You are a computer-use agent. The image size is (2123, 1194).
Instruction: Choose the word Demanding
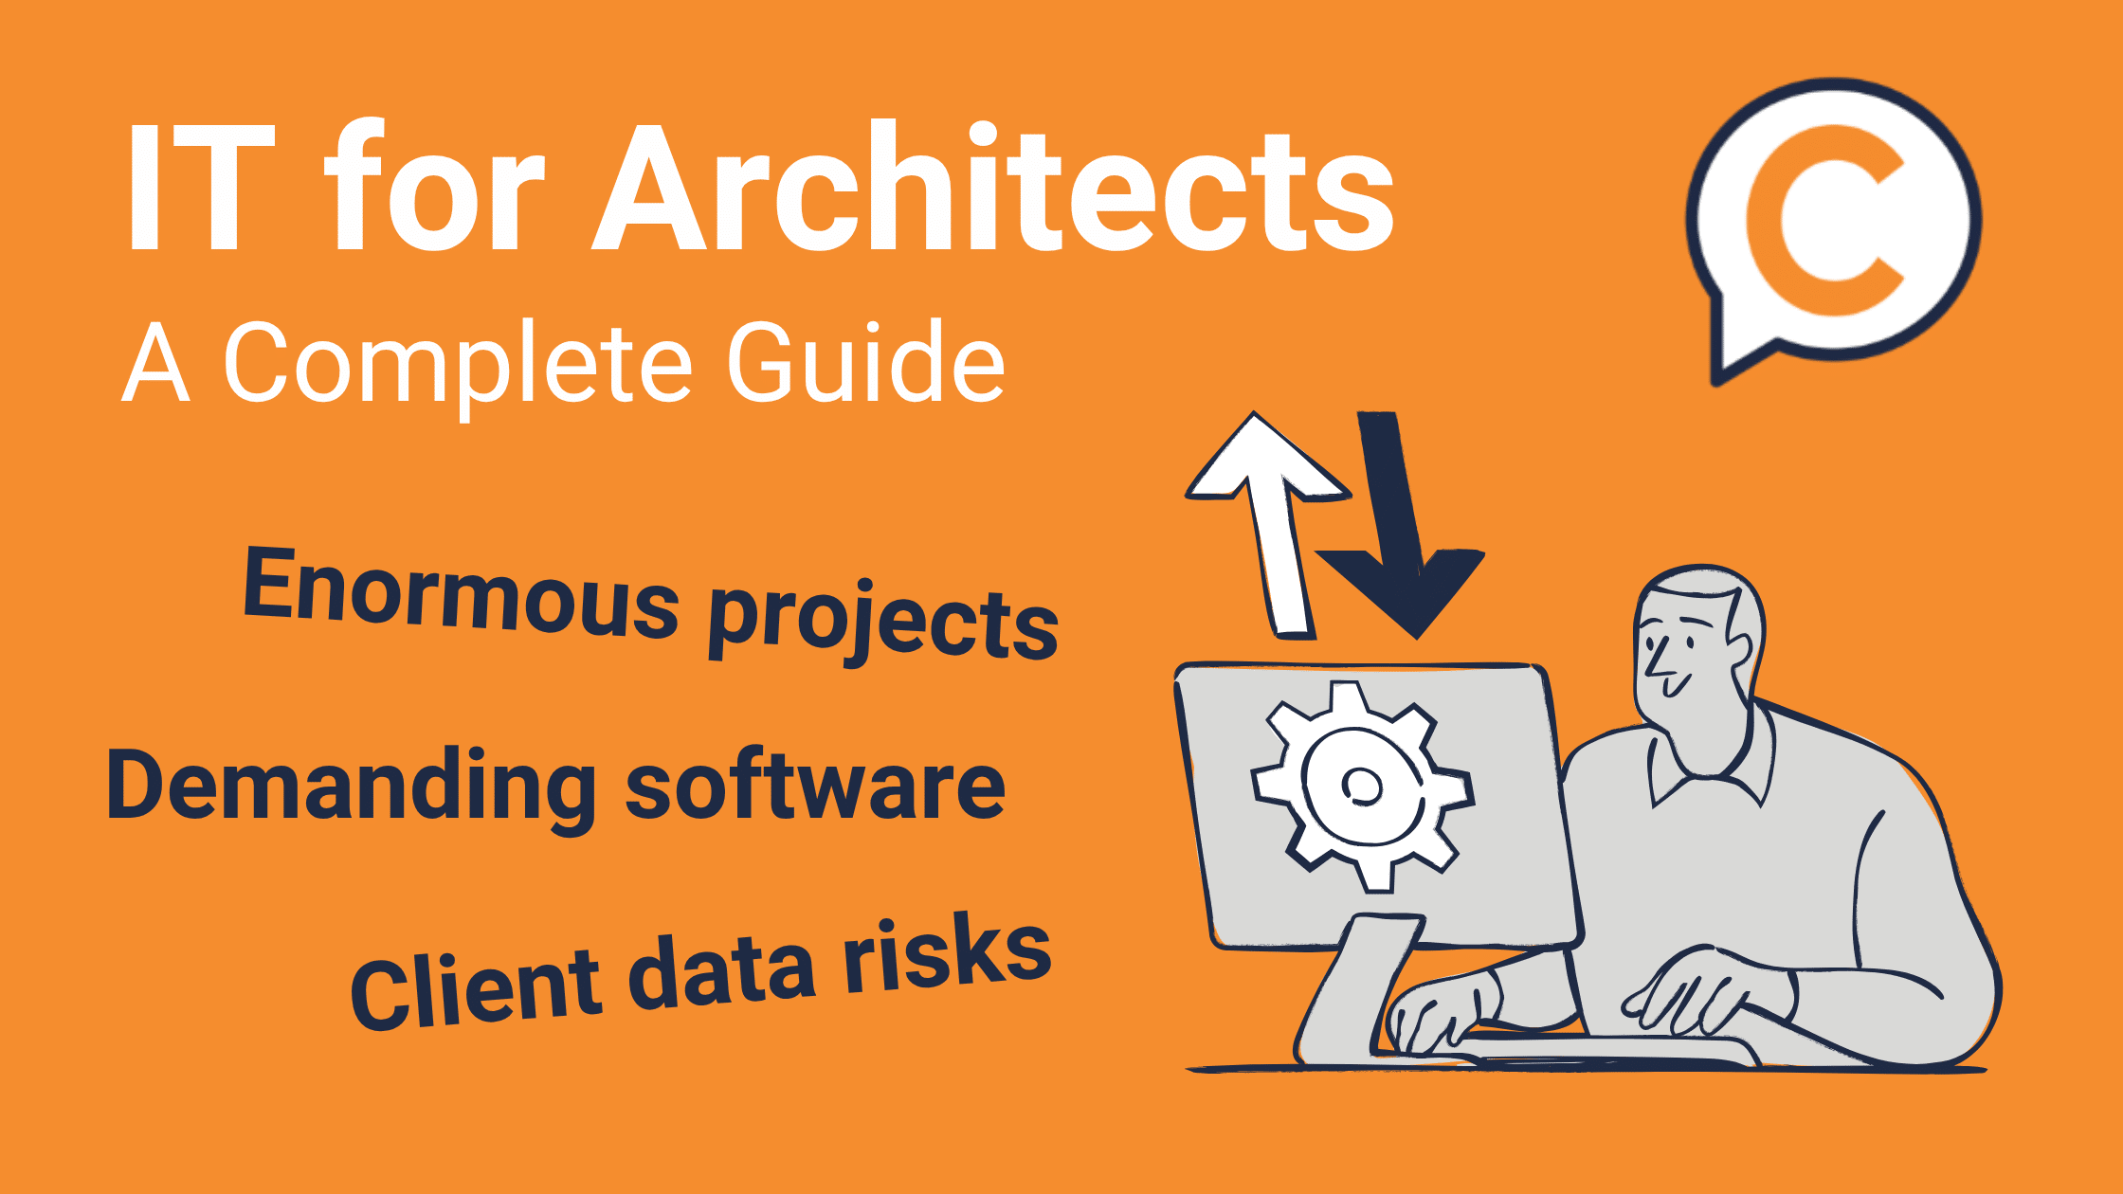click(x=351, y=787)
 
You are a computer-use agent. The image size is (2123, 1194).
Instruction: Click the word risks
click(x=948, y=957)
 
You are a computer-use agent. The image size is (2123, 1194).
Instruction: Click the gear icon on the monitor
click(x=1362, y=787)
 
